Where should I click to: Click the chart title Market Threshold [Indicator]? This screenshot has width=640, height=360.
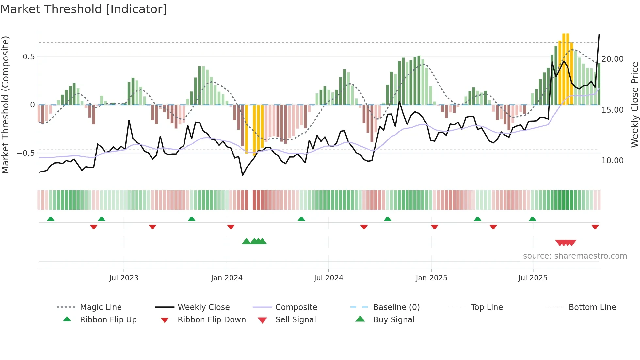tap(84, 9)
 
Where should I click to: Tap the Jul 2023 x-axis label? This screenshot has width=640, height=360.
tap(124, 278)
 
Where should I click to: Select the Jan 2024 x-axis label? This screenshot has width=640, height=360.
tap(227, 278)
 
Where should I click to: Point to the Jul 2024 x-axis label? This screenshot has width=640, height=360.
tap(328, 278)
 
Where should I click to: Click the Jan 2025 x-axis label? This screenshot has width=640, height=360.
tap(431, 278)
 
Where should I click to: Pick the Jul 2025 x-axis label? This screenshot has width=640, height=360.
tap(533, 278)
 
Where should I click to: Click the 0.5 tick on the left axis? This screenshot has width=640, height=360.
tap(28, 57)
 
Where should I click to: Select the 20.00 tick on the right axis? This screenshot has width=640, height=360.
tap(613, 59)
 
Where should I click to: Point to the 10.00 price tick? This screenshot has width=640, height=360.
tap(613, 161)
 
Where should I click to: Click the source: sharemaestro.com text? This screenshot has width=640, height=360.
tap(575, 256)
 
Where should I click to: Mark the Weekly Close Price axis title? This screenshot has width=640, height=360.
tap(634, 105)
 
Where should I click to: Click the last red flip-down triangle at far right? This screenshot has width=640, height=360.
tap(595, 227)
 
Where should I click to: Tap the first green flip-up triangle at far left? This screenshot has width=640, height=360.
tap(51, 219)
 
